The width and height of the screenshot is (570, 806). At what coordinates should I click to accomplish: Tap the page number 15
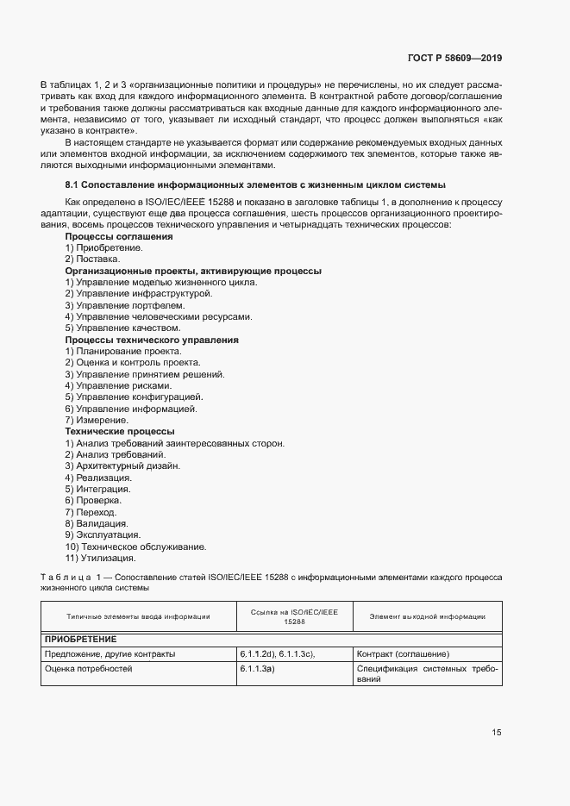pyautogui.click(x=496, y=733)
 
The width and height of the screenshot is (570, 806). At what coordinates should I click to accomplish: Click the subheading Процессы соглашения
pyautogui.click(x=119, y=236)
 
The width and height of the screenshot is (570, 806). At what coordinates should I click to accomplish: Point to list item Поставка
pyautogui.click(x=92, y=259)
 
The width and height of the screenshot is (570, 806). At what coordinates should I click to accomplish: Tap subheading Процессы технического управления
pyautogui.click(x=152, y=340)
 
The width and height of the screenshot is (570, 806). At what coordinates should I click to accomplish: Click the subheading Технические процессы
pyautogui.click(x=120, y=431)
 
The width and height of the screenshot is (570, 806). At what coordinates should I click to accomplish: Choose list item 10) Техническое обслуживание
pyautogui.click(x=135, y=547)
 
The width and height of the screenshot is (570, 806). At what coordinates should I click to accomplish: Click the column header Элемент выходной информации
pyautogui.click(x=427, y=616)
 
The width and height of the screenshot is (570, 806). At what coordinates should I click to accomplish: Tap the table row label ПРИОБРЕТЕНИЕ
pyautogui.click(x=81, y=640)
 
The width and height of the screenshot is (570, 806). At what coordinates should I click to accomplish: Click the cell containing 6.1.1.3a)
pyautogui.click(x=257, y=668)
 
